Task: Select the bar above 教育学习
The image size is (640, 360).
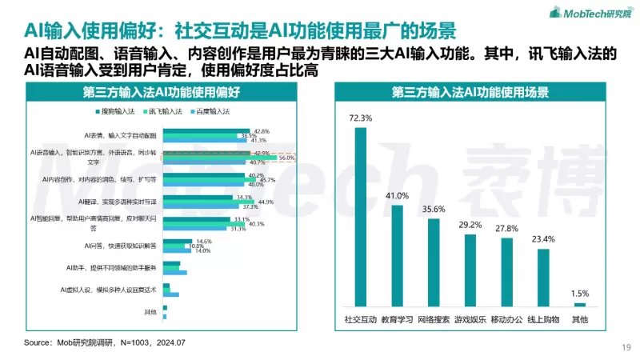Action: [x=397, y=255]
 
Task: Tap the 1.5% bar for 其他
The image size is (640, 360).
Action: [x=580, y=304]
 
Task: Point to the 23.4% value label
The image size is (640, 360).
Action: [x=543, y=239]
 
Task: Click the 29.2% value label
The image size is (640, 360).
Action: [x=470, y=225]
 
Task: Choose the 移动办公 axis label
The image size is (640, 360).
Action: [x=506, y=319]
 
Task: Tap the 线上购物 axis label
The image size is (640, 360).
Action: [x=543, y=319]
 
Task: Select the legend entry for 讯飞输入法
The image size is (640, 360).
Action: [x=163, y=111]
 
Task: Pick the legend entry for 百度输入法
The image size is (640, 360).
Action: [x=210, y=111]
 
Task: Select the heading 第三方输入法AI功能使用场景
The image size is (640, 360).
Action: [x=470, y=92]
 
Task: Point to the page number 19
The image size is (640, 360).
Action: [x=626, y=346]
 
